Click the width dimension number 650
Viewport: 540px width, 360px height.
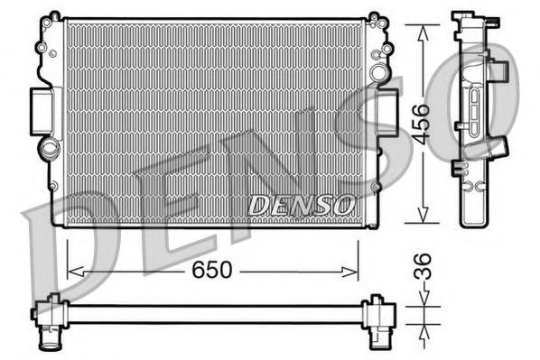[x=213, y=270]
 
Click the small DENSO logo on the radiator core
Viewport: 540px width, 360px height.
[x=301, y=206]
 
